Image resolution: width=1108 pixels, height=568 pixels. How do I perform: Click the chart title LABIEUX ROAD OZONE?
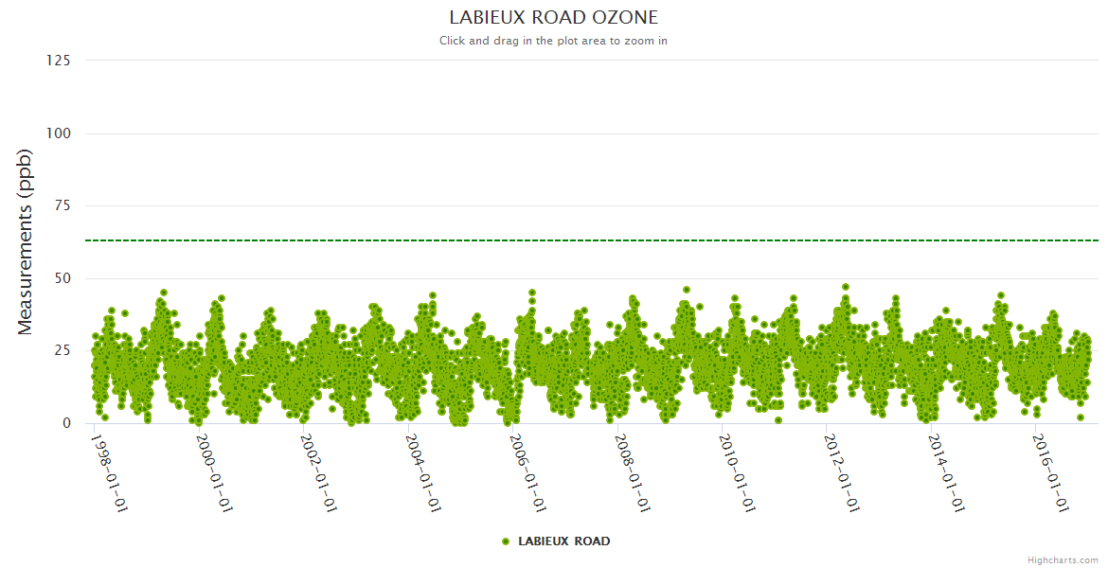click(x=553, y=17)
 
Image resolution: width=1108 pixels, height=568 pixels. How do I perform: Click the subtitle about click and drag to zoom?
click(x=553, y=41)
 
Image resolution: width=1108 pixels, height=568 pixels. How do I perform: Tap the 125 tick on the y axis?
click(x=58, y=61)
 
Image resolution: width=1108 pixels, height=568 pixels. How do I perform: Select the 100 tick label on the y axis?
click(x=58, y=133)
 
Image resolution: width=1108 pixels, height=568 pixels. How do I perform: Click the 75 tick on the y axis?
click(x=62, y=205)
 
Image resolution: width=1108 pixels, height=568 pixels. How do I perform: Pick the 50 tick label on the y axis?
click(x=62, y=278)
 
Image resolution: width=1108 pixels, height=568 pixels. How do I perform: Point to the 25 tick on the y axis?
click(x=62, y=351)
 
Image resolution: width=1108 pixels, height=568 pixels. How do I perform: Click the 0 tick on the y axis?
click(x=66, y=423)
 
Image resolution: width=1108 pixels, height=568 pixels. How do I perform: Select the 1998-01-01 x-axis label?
click(x=109, y=472)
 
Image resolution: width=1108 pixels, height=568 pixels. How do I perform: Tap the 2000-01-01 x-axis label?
click(x=214, y=472)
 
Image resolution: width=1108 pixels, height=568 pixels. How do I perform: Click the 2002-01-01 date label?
click(x=319, y=472)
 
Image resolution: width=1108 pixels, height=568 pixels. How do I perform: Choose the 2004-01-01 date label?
click(x=424, y=472)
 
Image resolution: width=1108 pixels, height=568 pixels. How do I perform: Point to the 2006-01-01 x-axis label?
click(x=528, y=472)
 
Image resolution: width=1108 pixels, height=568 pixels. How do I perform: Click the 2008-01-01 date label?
click(x=634, y=472)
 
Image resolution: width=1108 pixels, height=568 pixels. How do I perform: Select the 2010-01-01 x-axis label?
click(x=739, y=472)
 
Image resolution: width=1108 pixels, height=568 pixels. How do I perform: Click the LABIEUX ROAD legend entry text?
click(x=564, y=541)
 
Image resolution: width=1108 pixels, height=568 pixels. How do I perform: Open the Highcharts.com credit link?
click(x=1063, y=560)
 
